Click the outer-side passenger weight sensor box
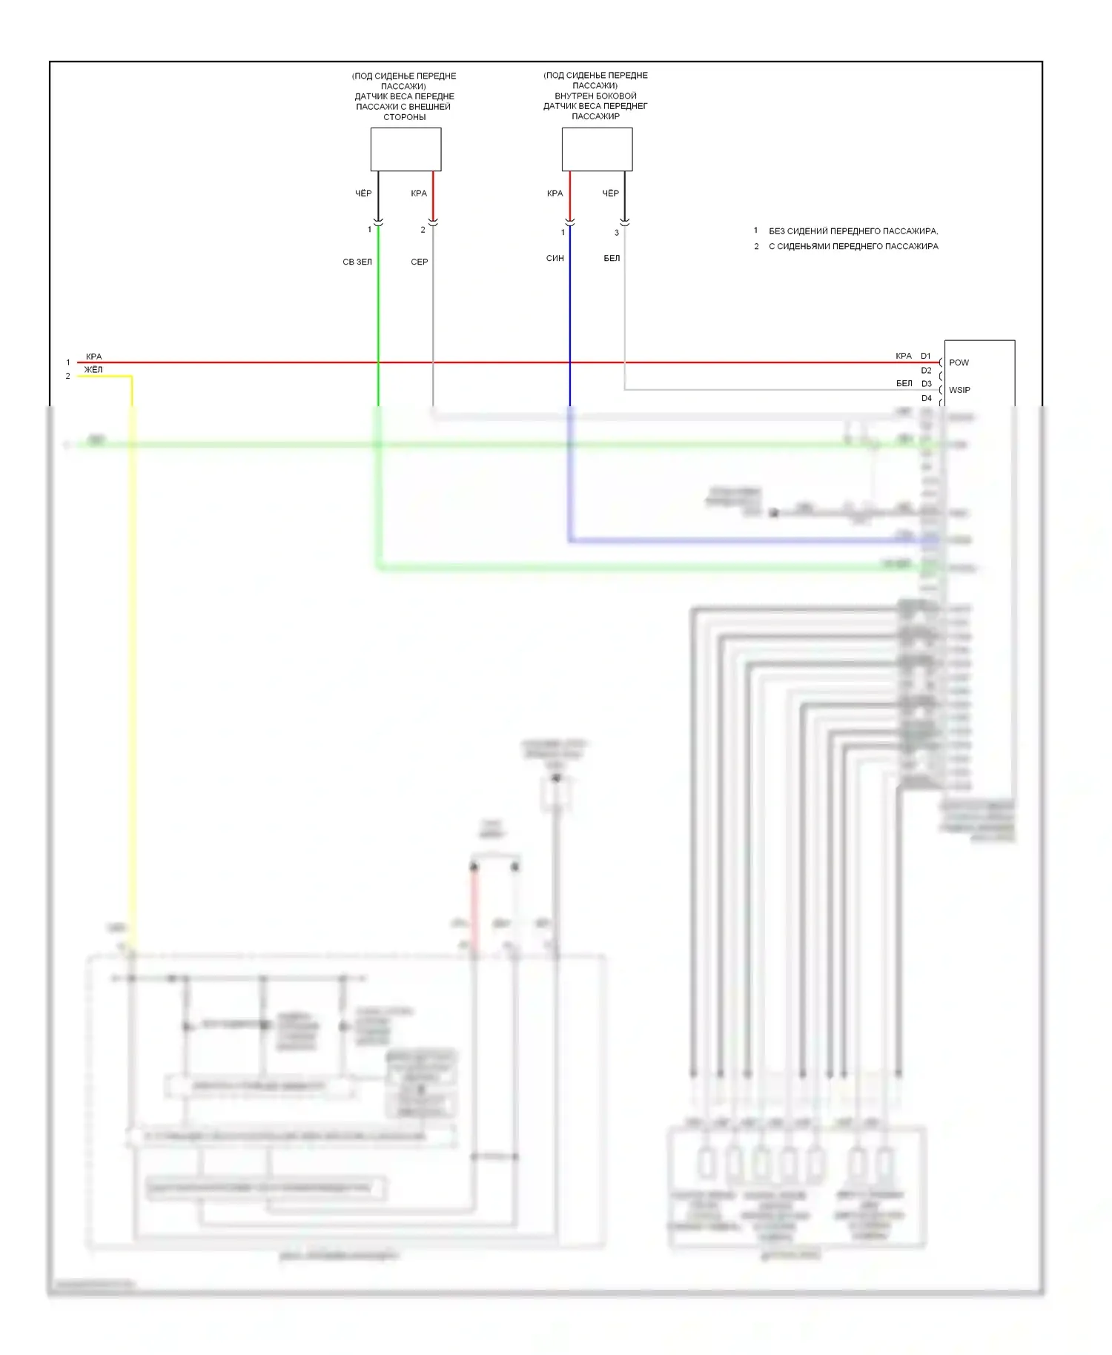(x=406, y=149)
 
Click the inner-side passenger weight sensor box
(x=597, y=149)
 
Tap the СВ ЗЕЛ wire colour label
(x=357, y=262)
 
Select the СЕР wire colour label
(x=420, y=262)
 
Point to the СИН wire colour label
(x=555, y=258)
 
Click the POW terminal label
(x=959, y=362)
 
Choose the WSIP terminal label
(x=959, y=390)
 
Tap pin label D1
(x=926, y=356)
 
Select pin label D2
(x=927, y=370)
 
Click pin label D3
(x=927, y=383)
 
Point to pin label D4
(x=927, y=398)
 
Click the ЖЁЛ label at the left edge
(x=93, y=369)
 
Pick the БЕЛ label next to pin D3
(x=904, y=383)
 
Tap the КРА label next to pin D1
(x=904, y=356)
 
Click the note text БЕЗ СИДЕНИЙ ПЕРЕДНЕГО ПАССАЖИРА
(x=853, y=231)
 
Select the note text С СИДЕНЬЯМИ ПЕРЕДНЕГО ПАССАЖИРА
(x=853, y=246)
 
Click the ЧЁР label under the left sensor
(x=363, y=193)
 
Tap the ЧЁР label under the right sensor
(x=610, y=193)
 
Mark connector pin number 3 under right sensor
(x=617, y=233)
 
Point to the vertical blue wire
(x=570, y=311)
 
